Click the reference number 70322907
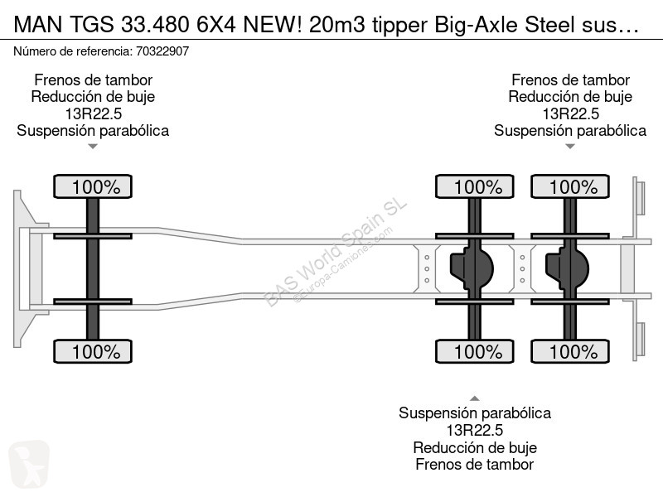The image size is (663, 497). click(x=162, y=51)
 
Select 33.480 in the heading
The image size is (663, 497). click(x=155, y=25)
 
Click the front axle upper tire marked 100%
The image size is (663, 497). click(x=93, y=186)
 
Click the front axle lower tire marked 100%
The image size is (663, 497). click(x=93, y=351)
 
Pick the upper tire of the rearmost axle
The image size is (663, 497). click(x=570, y=186)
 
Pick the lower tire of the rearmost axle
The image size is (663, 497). click(x=570, y=351)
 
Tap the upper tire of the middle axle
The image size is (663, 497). click(x=474, y=186)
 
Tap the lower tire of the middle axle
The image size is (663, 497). click(x=474, y=351)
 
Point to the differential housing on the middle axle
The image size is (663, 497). click(x=472, y=268)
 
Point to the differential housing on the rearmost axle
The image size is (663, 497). click(x=567, y=268)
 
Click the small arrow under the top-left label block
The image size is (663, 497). click(x=93, y=147)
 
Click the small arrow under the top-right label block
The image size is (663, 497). click(x=570, y=147)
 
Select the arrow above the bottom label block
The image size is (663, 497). click(x=474, y=398)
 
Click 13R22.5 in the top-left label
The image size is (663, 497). click(x=93, y=113)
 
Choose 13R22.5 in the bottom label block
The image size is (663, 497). click(x=474, y=430)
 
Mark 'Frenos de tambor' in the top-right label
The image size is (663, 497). click(x=570, y=80)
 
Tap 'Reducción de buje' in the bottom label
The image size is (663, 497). click(x=475, y=447)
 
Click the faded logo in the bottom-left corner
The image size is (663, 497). click(x=29, y=464)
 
